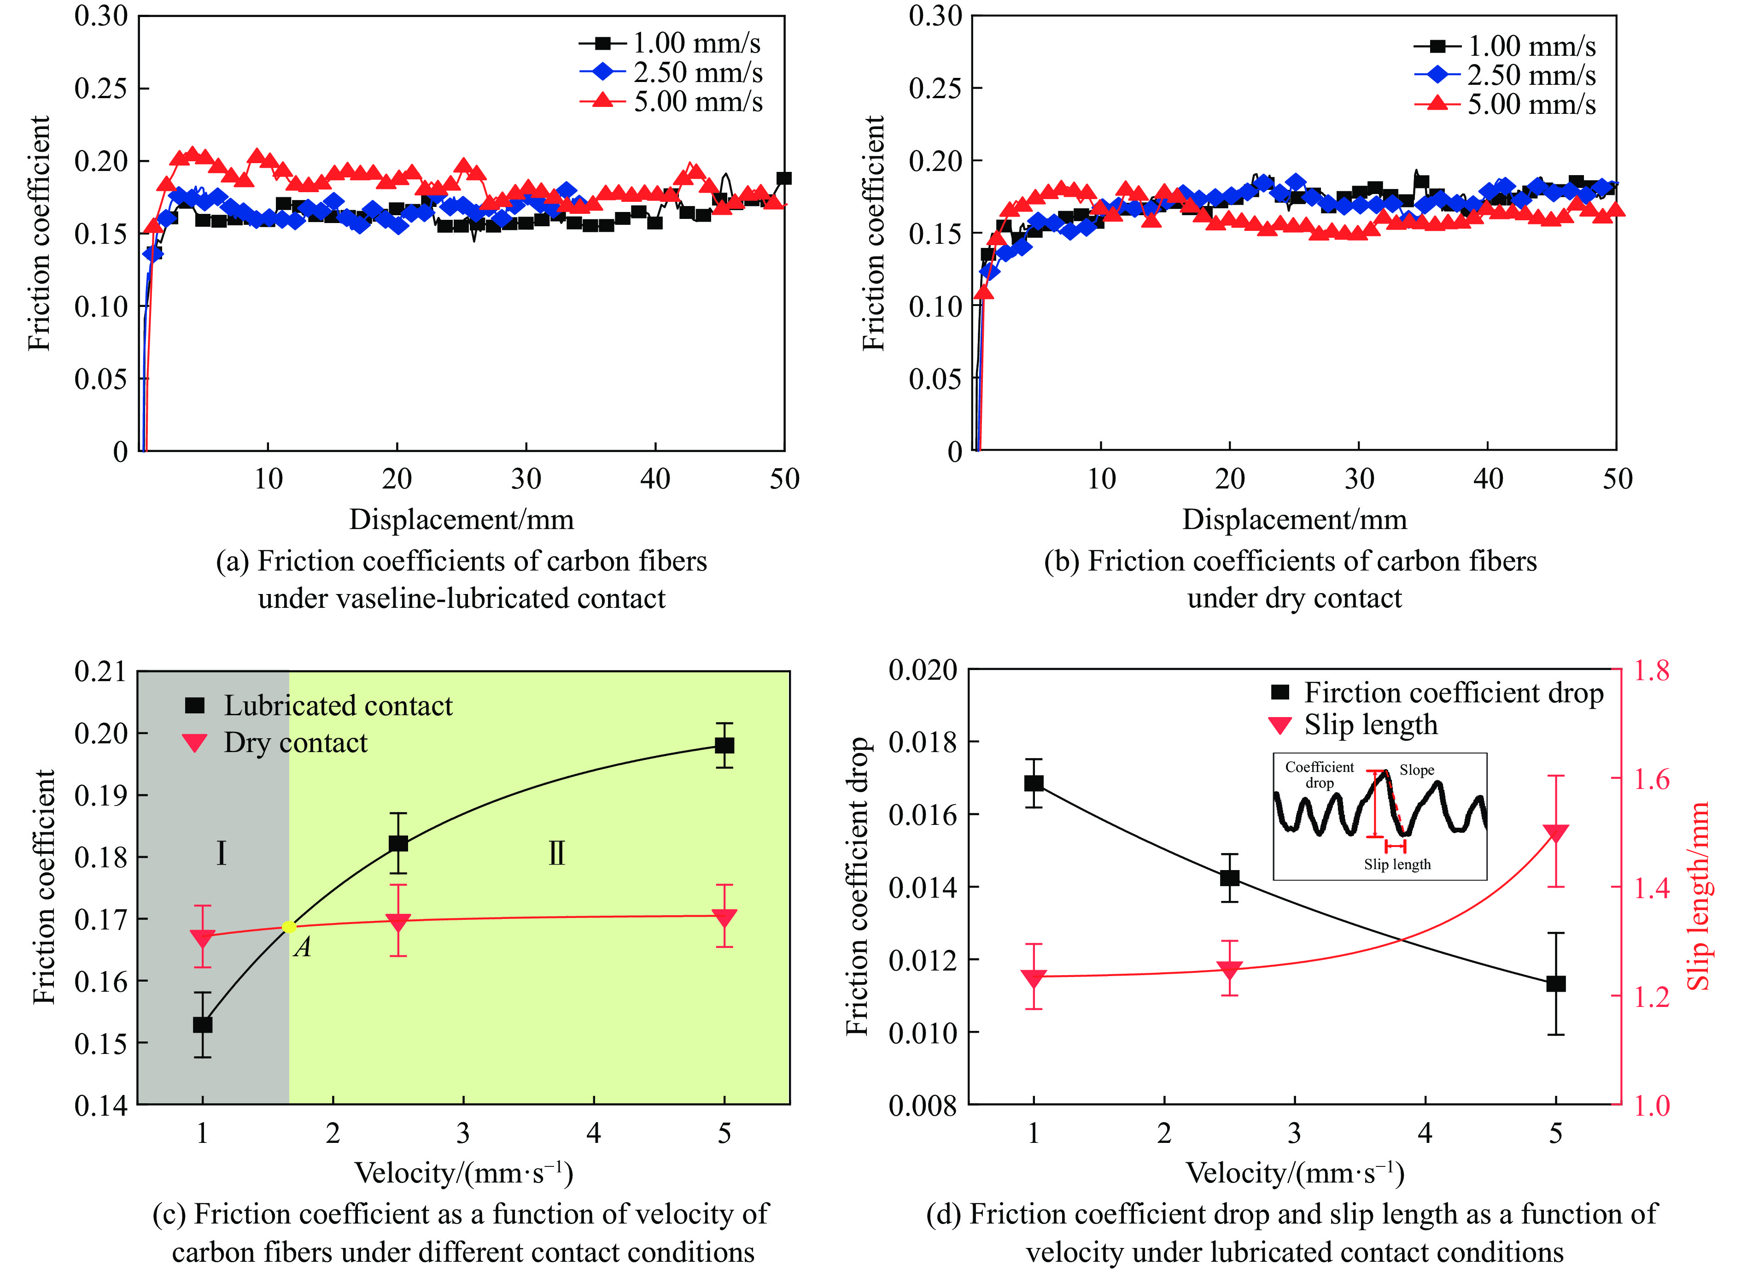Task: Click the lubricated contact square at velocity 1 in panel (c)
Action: [x=202, y=1025]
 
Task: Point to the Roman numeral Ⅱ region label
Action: [x=557, y=853]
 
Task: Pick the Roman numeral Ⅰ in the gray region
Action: [x=222, y=853]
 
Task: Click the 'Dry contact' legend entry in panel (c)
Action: [x=295, y=742]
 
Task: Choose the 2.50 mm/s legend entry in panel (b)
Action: [x=1531, y=76]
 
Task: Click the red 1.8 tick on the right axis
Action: [x=1652, y=671]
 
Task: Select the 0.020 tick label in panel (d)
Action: [x=923, y=670]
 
